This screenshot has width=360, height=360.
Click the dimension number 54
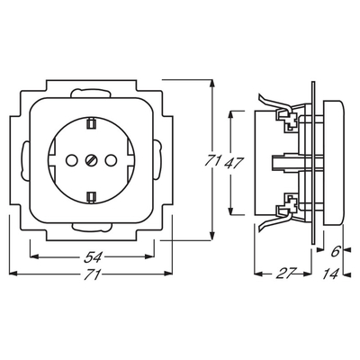(93, 257)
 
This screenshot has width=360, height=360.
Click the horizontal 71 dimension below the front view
(92, 274)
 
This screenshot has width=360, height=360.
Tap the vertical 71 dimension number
(213, 161)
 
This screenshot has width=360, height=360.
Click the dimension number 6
(335, 251)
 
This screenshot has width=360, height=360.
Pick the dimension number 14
(331, 274)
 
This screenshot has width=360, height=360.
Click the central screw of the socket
(90, 160)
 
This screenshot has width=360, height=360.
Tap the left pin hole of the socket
(71, 160)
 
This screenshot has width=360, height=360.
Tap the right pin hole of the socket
(110, 160)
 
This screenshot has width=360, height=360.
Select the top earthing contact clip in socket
(90, 124)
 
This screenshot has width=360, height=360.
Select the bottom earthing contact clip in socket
(90, 196)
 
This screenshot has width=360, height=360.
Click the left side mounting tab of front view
(24, 160)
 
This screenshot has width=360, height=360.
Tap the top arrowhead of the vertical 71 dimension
(212, 84)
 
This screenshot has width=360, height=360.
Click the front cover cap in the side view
(334, 162)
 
